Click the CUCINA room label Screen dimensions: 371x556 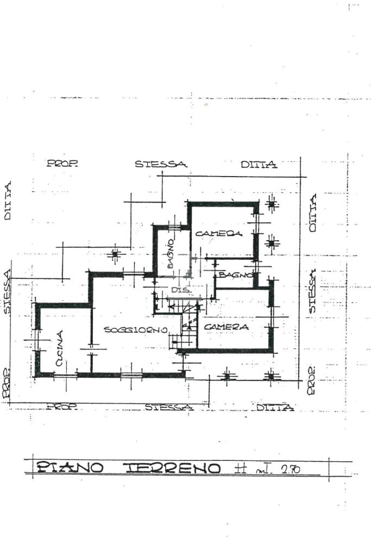point(60,348)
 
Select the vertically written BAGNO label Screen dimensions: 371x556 point(171,253)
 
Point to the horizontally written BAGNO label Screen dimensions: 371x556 point(236,275)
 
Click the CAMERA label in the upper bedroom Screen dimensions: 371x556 point(218,233)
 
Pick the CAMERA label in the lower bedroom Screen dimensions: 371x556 point(227,327)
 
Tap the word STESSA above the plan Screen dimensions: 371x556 point(161,164)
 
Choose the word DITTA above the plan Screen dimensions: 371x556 point(259,164)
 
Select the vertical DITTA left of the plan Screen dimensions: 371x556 point(8,201)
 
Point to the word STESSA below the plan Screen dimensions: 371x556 point(168,407)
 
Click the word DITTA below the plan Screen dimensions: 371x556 point(275,407)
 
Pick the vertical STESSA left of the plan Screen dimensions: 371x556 point(8,291)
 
